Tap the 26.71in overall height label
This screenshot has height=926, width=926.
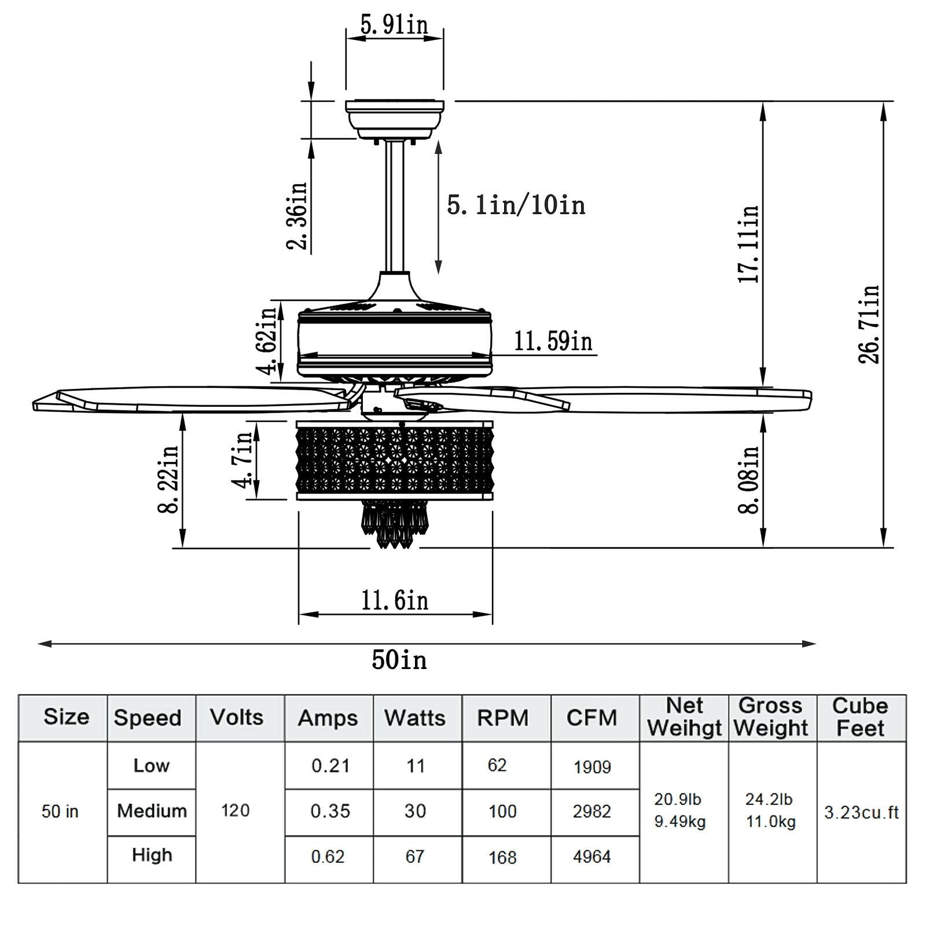[869, 324]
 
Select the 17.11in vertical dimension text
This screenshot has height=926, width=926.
[748, 244]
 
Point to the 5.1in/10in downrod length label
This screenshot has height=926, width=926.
[516, 205]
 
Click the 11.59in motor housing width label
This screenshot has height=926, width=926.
[553, 341]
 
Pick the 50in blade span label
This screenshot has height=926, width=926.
[399, 660]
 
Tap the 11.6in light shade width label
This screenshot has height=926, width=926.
[395, 601]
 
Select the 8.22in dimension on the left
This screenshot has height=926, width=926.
[168, 479]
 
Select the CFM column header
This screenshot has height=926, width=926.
[591, 718]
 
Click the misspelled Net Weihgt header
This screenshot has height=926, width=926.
[684, 718]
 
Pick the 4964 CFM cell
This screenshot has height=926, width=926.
[591, 857]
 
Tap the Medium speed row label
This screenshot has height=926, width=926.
[152, 811]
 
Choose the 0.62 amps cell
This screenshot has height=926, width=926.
[328, 857]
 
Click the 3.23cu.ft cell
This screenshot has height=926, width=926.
[861, 813]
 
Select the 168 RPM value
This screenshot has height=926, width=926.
[502, 857]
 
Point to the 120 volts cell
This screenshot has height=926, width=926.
[236, 810]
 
